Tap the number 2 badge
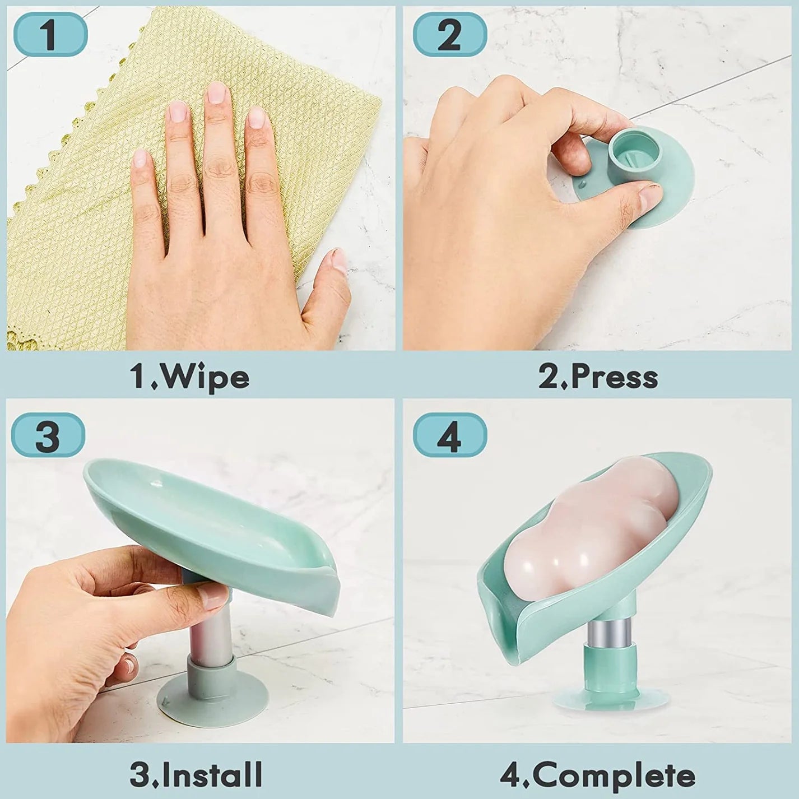pyautogui.click(x=449, y=35)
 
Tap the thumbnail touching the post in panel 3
pyautogui.click(x=213, y=598)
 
